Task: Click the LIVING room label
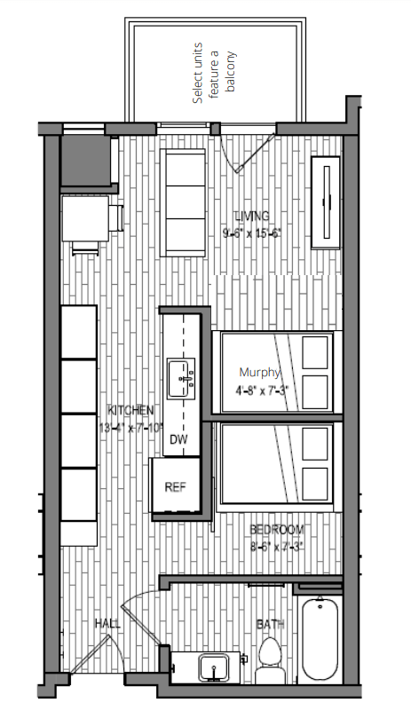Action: coord(251,216)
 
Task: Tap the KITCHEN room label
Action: coord(130,410)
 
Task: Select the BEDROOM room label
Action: coord(276,530)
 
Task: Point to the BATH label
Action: coord(270,625)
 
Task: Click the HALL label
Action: coord(107,625)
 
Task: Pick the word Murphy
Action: coord(260,373)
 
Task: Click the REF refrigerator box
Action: coord(175,486)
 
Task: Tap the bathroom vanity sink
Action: coord(212,667)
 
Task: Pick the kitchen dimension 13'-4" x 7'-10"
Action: coord(130,427)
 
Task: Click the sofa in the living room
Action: coord(184,201)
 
